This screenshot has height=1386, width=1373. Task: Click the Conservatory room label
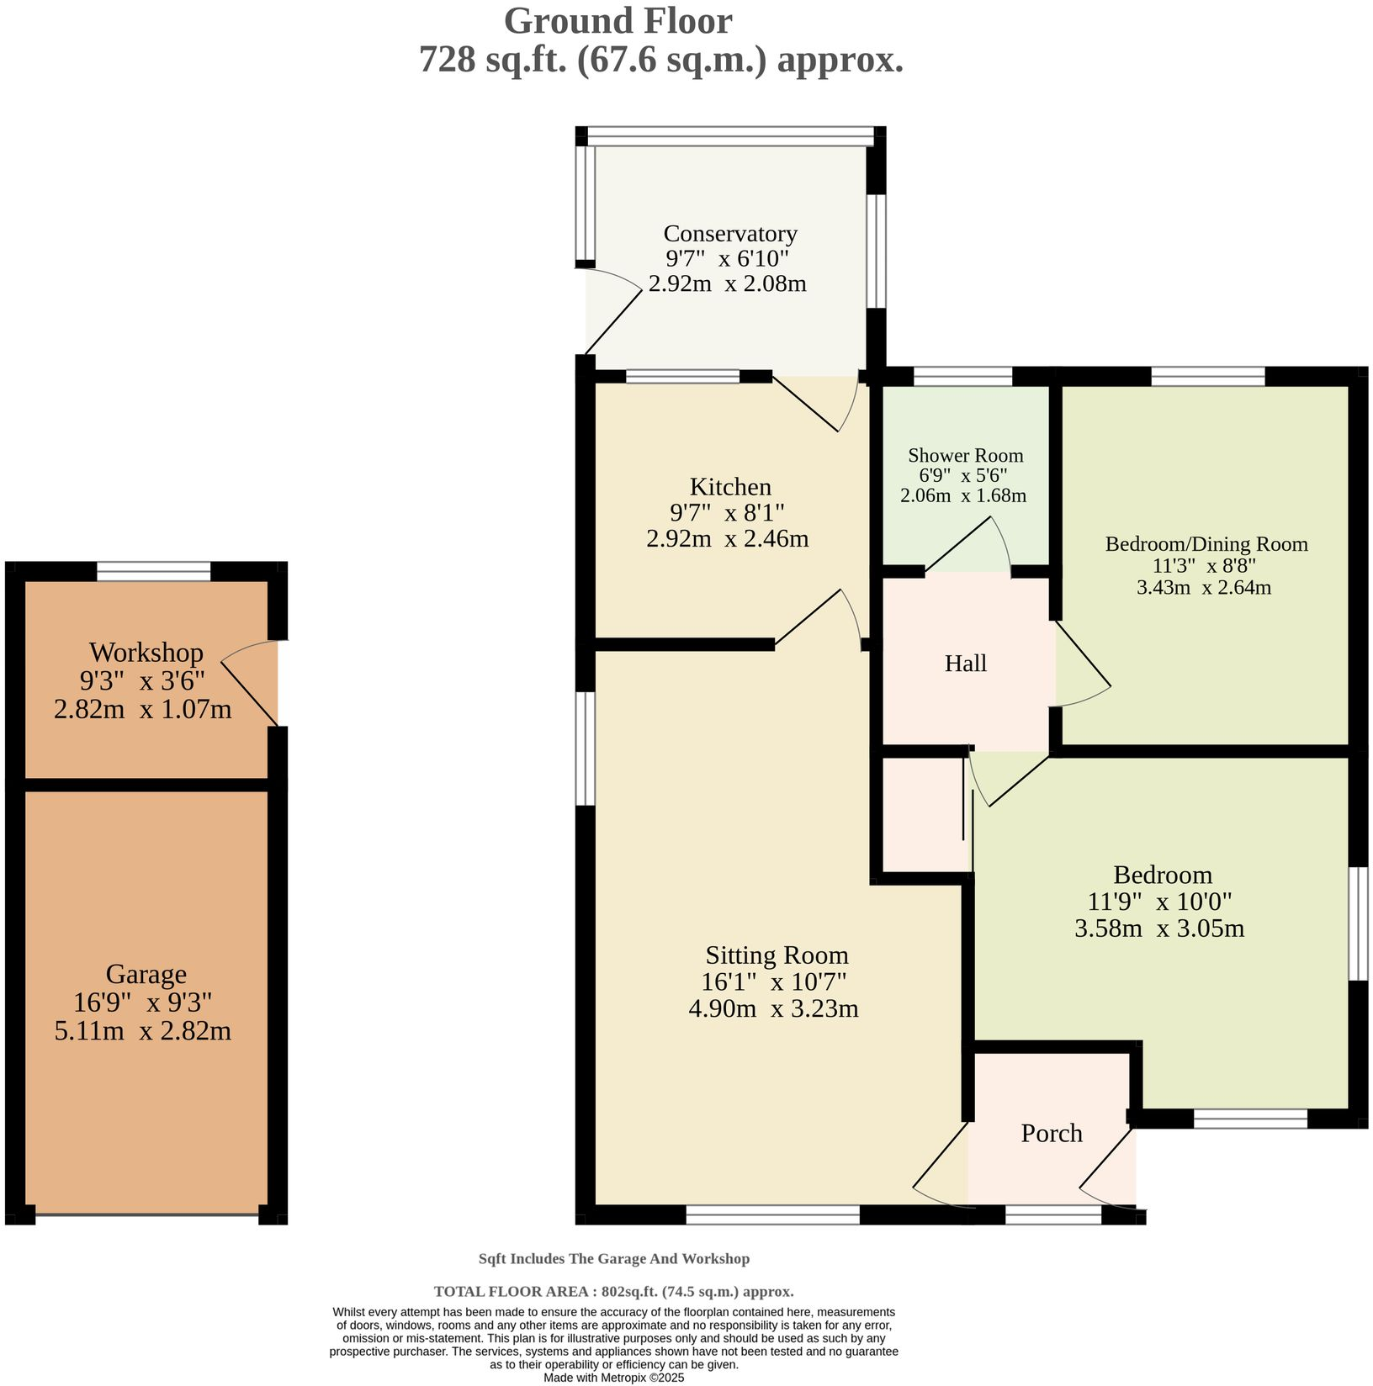pos(730,234)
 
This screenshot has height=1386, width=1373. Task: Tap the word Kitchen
pos(730,487)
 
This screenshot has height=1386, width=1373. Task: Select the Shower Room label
pos(966,456)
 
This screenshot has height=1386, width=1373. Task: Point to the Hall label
pos(966,664)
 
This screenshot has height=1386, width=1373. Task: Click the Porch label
pos(1052,1134)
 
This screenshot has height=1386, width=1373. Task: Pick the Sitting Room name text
pos(777,955)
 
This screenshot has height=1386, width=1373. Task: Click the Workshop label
pos(146,653)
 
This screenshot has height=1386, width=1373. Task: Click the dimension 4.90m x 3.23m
pos(773,1008)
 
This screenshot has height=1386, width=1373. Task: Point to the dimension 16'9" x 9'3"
pos(143,1002)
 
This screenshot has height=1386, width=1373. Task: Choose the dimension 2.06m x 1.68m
pos(963,495)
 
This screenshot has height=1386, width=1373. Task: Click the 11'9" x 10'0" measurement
pos(1159,902)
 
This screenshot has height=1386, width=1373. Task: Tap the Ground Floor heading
pos(618,21)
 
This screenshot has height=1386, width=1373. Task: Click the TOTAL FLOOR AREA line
pos(614,1291)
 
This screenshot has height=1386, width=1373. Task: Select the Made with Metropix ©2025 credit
pos(614,1378)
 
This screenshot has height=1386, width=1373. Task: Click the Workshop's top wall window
pos(153,571)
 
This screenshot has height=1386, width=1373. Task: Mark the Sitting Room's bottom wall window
pos(772,1214)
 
